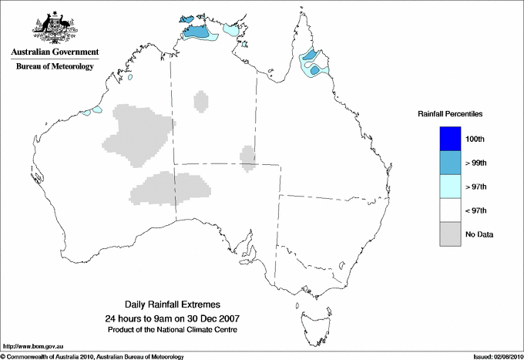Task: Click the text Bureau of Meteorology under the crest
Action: [54, 66]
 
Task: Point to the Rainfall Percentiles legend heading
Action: [450, 113]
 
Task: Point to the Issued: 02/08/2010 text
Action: [497, 356]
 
